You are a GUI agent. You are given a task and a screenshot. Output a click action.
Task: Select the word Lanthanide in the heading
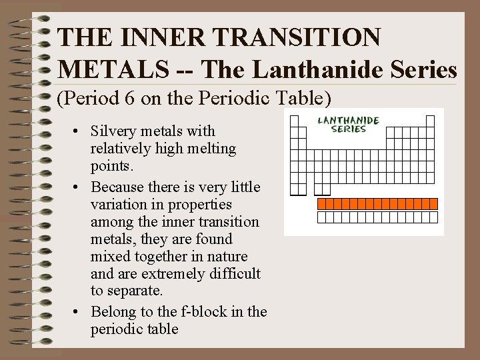point(309,69)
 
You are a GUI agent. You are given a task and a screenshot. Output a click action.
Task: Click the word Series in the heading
point(424,69)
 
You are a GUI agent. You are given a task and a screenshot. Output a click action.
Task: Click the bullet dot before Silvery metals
point(78,132)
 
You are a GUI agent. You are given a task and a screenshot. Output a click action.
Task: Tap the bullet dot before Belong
point(78,311)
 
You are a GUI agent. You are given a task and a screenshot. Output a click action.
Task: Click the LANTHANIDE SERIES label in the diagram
point(348,124)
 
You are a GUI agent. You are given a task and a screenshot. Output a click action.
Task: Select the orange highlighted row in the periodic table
point(377,203)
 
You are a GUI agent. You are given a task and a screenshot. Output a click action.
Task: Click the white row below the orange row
point(377,217)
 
